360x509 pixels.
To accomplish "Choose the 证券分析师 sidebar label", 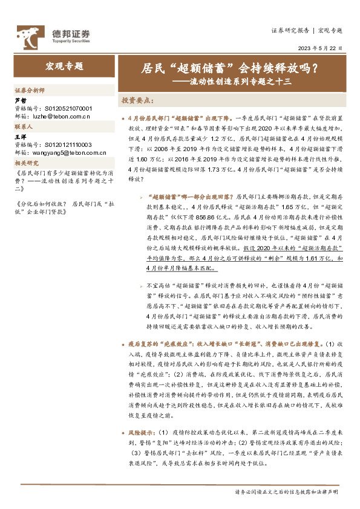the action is (30, 89).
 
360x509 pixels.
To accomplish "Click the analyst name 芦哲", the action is (21, 100).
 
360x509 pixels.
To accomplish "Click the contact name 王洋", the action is (21, 137).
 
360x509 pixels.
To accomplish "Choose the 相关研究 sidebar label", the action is (26, 163).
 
